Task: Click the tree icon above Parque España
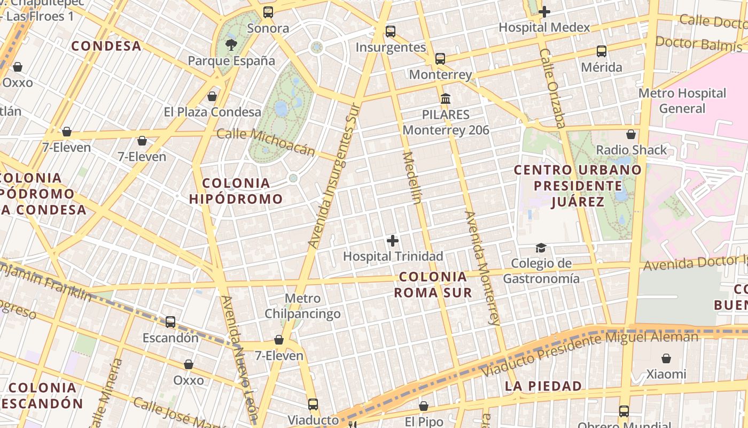[x=231, y=44]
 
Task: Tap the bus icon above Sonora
[x=268, y=12]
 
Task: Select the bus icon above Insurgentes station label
[x=391, y=31]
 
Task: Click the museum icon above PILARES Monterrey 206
[x=446, y=98]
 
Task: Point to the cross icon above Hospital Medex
[x=544, y=11]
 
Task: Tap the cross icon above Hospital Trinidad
[x=393, y=241]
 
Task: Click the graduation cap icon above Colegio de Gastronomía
[x=541, y=248]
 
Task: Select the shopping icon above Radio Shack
[x=631, y=134]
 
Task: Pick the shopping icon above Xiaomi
[x=666, y=358]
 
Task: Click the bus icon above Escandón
[x=170, y=322]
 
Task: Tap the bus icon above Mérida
[x=602, y=51]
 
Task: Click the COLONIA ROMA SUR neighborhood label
[x=433, y=285]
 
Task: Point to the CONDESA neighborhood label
[x=106, y=46]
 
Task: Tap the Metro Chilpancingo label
[x=302, y=306]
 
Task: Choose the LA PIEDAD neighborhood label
[x=543, y=386]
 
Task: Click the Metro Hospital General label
[x=682, y=101]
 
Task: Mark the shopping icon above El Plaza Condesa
[x=212, y=96]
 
